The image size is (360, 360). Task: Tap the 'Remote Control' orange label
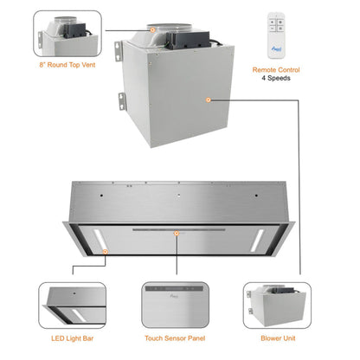pyautogui.click(x=275, y=69)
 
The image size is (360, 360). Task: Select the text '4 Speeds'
pyautogui.click(x=275, y=78)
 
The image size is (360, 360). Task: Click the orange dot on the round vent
pyautogui.click(x=152, y=29)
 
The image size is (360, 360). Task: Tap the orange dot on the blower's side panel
pyautogui.click(x=209, y=100)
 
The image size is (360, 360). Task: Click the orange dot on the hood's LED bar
pyautogui.click(x=104, y=250)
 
